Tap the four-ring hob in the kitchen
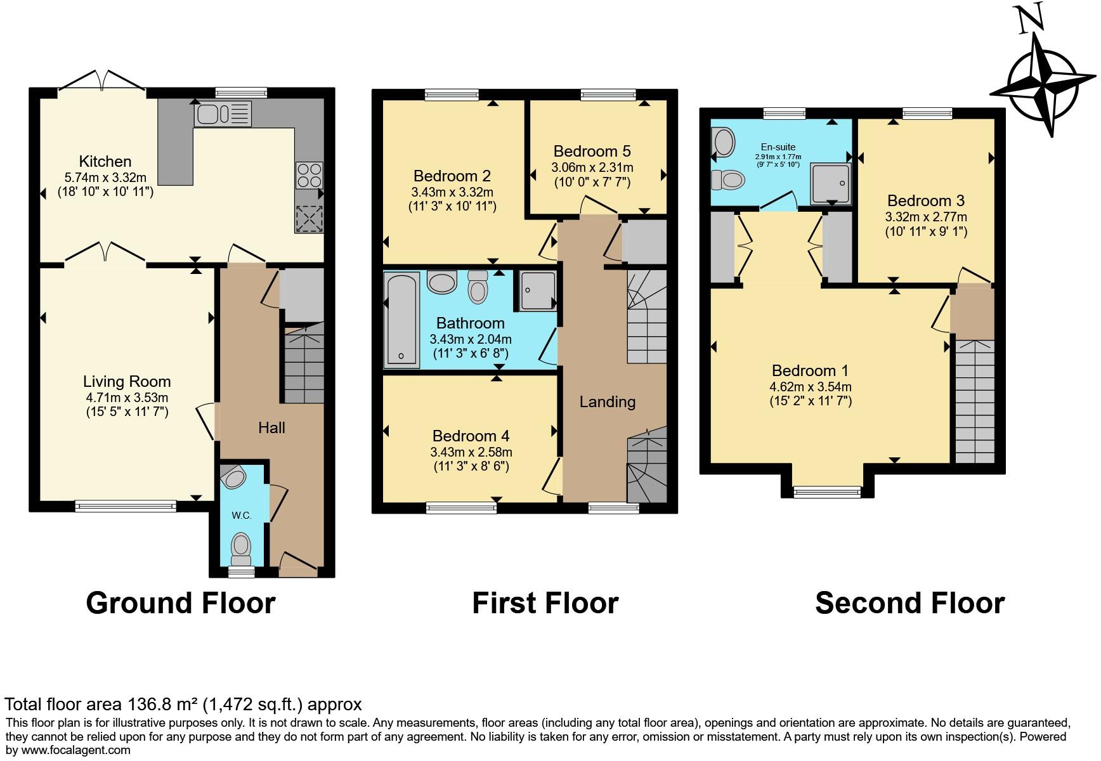(309, 175)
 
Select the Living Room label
(127, 381)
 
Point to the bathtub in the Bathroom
(401, 320)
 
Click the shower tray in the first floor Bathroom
(538, 290)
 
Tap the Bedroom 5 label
(592, 151)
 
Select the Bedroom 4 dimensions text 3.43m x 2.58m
(471, 452)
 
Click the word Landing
(607, 401)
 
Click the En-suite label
(778, 147)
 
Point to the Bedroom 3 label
(925, 200)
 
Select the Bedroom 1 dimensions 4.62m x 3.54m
(811, 387)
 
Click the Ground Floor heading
(181, 602)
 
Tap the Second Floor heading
(909, 602)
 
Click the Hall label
(271, 428)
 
